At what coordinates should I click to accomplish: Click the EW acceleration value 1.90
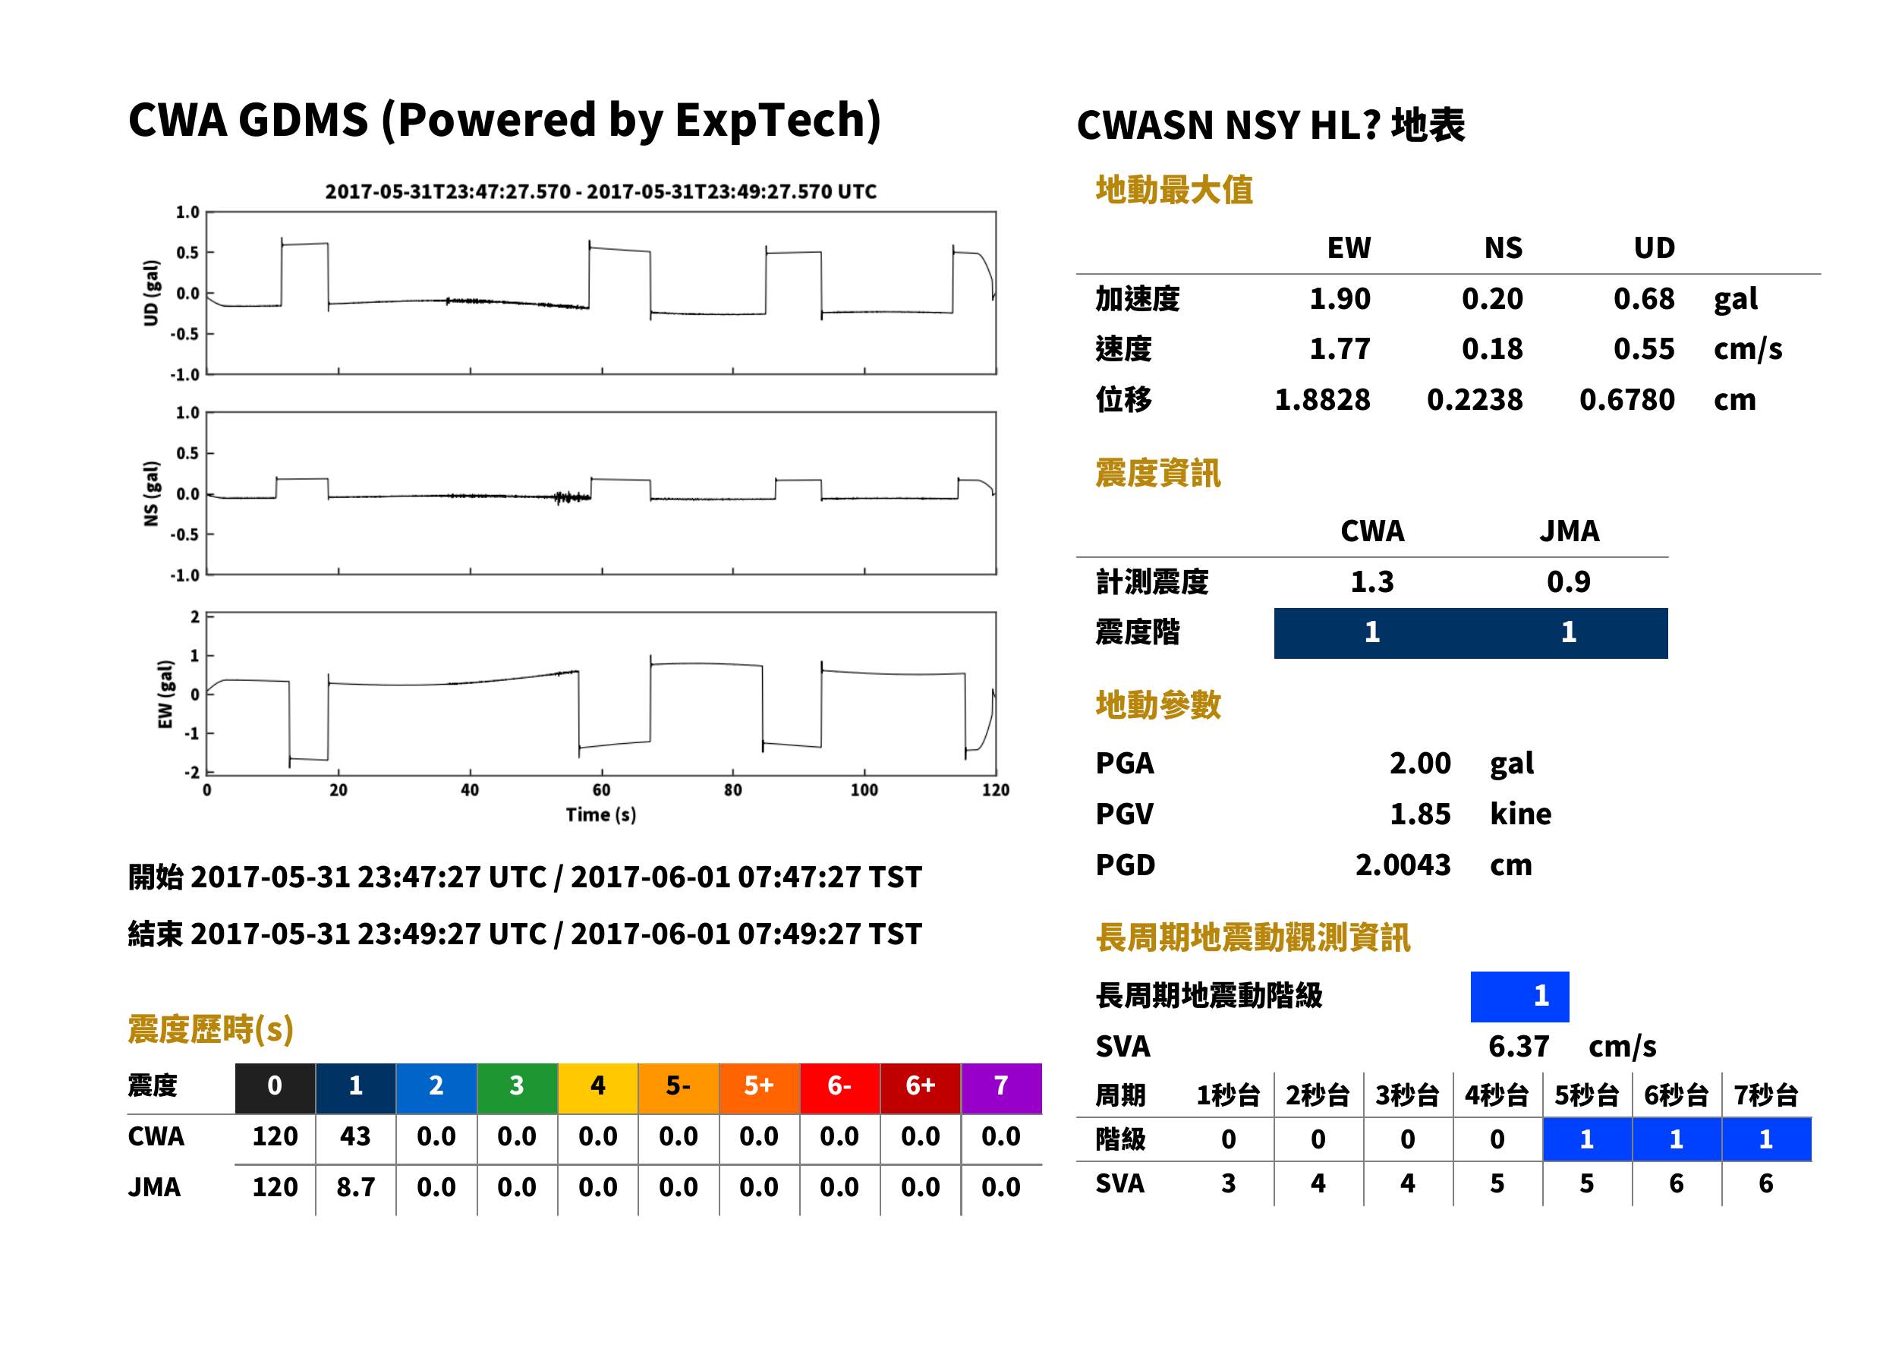(x=1339, y=299)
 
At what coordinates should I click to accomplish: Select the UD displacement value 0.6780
(x=1626, y=400)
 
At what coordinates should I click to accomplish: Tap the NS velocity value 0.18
(x=1491, y=349)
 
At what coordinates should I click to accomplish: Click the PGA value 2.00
(x=1419, y=763)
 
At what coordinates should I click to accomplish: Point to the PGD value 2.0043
(x=1403, y=865)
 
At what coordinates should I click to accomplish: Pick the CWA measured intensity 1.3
(x=1372, y=582)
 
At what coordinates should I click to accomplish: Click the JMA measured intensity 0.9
(x=1568, y=582)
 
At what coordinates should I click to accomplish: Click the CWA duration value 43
(x=355, y=1136)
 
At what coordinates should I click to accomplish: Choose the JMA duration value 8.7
(x=355, y=1188)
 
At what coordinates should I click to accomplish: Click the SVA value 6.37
(x=1518, y=1047)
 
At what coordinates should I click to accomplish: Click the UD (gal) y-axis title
(x=151, y=293)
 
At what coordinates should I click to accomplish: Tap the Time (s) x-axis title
(x=601, y=815)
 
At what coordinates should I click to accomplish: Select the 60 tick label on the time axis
(x=601, y=790)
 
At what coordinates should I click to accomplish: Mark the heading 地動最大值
(x=1173, y=190)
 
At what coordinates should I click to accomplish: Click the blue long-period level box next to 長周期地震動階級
(x=1519, y=997)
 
